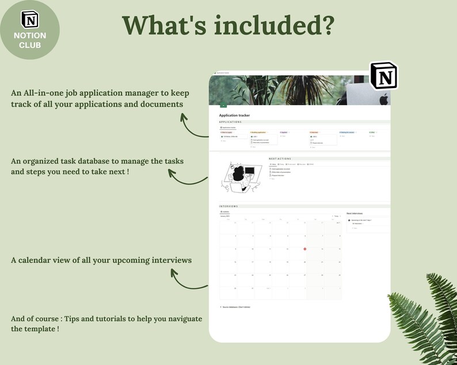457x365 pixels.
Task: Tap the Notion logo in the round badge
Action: click(29, 19)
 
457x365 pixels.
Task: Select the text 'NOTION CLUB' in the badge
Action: click(29, 40)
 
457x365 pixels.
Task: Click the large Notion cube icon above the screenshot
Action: click(383, 75)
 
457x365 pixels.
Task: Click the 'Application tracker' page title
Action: click(234, 116)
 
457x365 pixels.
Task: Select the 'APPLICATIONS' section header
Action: click(230, 122)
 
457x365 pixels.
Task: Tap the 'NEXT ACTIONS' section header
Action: click(280, 159)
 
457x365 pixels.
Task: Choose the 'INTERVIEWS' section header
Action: click(228, 206)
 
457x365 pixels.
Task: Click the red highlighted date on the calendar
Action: click(304, 249)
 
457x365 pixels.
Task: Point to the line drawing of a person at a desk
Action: click(238, 176)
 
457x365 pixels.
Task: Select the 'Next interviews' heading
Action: click(356, 213)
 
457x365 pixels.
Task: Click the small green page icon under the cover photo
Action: click(223, 105)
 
